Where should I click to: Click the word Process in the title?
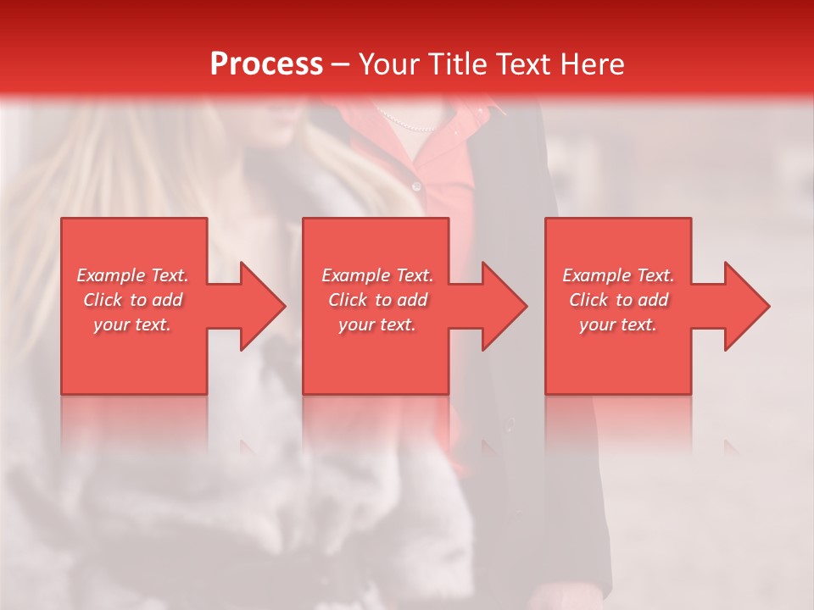tap(266, 64)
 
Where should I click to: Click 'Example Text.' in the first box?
tap(132, 275)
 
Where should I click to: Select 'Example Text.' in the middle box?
tap(376, 275)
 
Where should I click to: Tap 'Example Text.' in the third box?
tap(618, 275)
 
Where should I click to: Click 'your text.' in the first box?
tap(132, 324)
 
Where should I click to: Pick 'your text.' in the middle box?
tap(376, 324)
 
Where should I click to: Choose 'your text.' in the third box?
tap(618, 324)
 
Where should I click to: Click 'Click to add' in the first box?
tap(132, 300)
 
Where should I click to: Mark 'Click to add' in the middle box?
tap(376, 300)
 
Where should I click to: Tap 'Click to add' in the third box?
tap(618, 300)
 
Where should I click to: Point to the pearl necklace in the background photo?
tap(407, 124)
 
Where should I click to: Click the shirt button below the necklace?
tap(415, 186)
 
